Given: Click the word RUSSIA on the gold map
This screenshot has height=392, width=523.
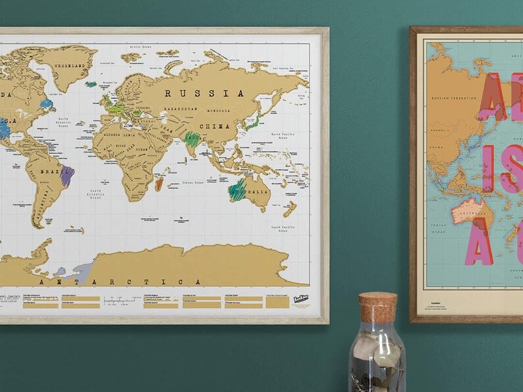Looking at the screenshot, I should point(204,93).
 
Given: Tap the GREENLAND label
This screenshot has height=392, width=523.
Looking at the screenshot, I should point(69,65).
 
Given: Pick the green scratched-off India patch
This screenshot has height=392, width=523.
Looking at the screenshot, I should point(192,139).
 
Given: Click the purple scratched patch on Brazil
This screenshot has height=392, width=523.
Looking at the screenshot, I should point(67,176).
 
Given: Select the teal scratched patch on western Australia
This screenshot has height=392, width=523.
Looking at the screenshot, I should point(237,190).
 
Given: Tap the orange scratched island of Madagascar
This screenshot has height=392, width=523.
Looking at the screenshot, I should point(159,184).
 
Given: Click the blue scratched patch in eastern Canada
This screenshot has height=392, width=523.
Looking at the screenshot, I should point(46,104).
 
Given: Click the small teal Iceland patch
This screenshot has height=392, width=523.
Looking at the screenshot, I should point(91,84).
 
